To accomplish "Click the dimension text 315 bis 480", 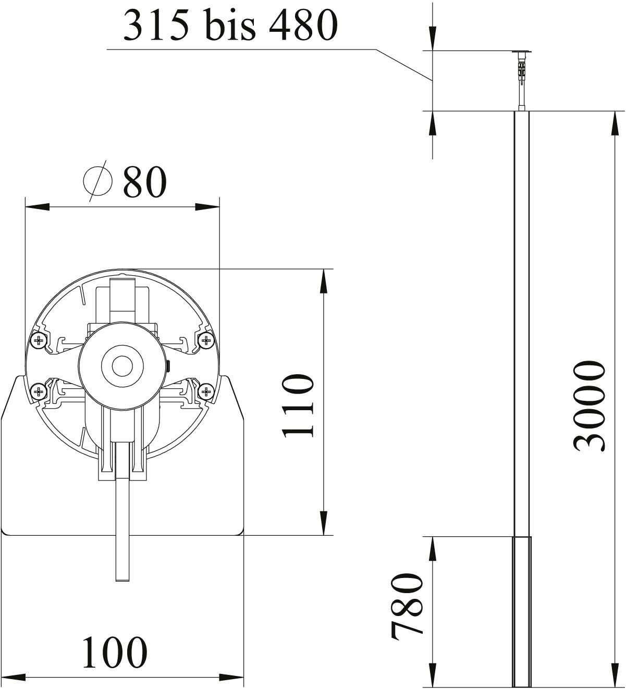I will pyautogui.click(x=230, y=26).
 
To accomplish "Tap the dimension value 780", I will pyautogui.click(x=407, y=606).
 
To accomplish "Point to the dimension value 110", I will pyautogui.click(x=298, y=405).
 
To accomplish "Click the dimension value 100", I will pyautogui.click(x=115, y=651).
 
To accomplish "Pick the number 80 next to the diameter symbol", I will pyautogui.click(x=144, y=182).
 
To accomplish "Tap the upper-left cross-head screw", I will pyautogui.click(x=39, y=341).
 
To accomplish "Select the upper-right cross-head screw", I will pyautogui.click(x=206, y=341).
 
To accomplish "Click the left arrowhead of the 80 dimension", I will pyautogui.click(x=36, y=207).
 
